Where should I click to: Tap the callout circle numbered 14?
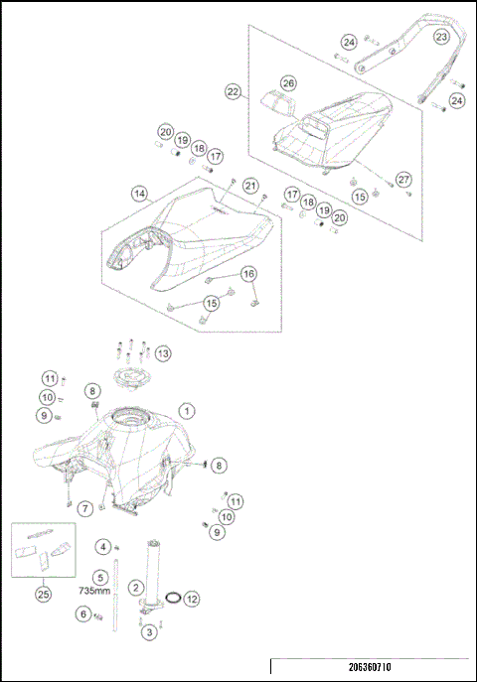pos(139,195)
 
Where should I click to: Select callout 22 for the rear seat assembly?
pos(234,91)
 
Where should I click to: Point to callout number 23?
pos(440,37)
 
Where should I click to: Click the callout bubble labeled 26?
pos(287,82)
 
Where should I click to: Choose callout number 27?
pos(402,178)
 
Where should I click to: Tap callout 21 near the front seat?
pos(251,186)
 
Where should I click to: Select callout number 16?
pos(247,273)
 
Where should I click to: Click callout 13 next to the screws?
pos(162,352)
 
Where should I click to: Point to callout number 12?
pos(192,599)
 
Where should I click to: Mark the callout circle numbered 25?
pos(42,594)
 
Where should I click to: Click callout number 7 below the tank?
pos(86,508)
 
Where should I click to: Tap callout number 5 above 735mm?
pos(100,576)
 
